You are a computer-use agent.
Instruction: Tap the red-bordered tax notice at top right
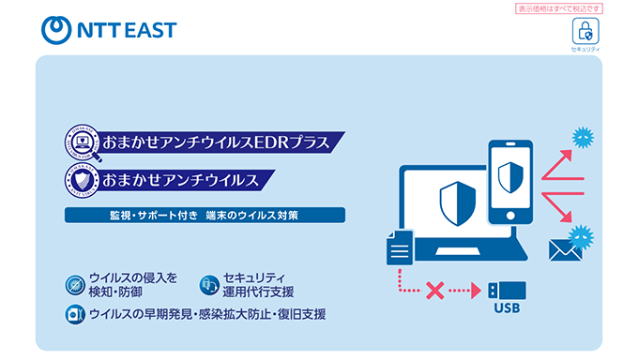click(559, 8)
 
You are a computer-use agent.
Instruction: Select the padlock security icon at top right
click(585, 30)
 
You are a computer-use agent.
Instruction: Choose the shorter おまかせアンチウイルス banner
click(183, 178)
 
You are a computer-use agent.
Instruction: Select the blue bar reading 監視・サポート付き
click(205, 215)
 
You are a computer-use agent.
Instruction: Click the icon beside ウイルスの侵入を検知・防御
click(75, 284)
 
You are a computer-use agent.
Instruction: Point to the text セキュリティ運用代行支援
click(257, 284)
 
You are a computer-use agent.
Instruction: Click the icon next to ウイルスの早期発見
click(75, 314)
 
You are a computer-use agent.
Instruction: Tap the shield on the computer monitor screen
click(453, 201)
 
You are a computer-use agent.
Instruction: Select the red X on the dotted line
click(434, 291)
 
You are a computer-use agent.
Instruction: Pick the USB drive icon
click(507, 290)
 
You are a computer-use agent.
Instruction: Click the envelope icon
click(565, 248)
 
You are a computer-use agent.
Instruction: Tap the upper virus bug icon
click(583, 137)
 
